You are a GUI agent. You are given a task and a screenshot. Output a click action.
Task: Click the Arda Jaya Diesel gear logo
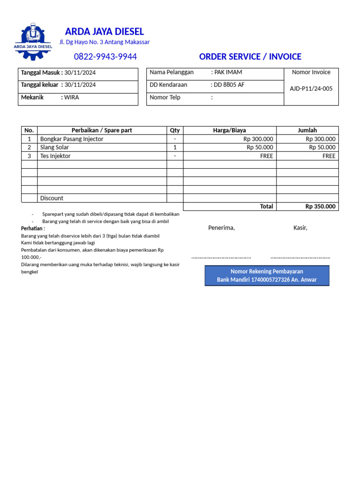pyautogui.click(x=33, y=41)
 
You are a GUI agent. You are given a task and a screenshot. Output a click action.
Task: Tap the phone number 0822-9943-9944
pyautogui.click(x=105, y=57)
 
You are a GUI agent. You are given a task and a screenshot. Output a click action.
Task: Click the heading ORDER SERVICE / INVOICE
pyautogui.click(x=250, y=57)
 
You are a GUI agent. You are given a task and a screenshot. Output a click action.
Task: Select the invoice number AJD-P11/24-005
pyautogui.click(x=311, y=89)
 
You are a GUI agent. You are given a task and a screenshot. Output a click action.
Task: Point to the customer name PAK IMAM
pyautogui.click(x=228, y=72)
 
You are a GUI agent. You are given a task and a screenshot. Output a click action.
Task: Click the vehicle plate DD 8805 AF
pyautogui.click(x=229, y=85)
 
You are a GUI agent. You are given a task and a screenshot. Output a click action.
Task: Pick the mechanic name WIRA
pyautogui.click(x=72, y=97)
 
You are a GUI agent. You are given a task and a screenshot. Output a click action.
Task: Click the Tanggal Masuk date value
pyautogui.click(x=80, y=72)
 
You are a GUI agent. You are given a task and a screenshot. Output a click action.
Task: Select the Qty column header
pyautogui.click(x=175, y=130)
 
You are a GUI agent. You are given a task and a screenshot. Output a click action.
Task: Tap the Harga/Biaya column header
pyautogui.click(x=229, y=130)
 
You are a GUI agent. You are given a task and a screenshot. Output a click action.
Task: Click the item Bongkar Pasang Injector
pyautogui.click(x=72, y=139)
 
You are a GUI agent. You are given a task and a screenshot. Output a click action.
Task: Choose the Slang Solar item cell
pyautogui.click(x=54, y=147)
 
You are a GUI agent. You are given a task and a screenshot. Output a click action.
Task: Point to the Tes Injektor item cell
pyautogui.click(x=55, y=156)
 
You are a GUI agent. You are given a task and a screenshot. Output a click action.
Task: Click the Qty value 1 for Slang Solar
pyautogui.click(x=175, y=147)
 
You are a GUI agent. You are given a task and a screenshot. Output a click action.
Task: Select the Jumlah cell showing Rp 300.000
pyautogui.click(x=320, y=139)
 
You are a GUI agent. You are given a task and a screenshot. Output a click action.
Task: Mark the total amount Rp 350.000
pyautogui.click(x=320, y=206)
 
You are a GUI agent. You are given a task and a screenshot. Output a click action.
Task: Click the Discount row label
pyautogui.click(x=52, y=198)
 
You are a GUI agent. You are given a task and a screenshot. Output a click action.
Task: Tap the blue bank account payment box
pyautogui.click(x=267, y=276)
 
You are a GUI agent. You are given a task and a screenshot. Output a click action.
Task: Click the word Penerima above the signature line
pyautogui.click(x=221, y=228)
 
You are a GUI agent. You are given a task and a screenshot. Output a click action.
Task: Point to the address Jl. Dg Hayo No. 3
pyautogui.click(x=104, y=42)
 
